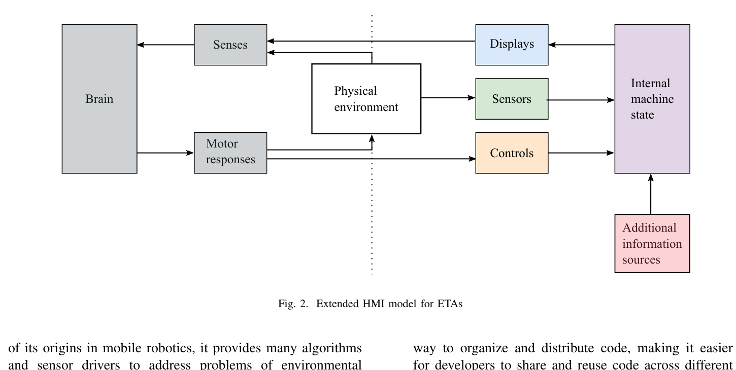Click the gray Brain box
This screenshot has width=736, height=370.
click(x=99, y=99)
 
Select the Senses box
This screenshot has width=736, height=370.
click(x=230, y=45)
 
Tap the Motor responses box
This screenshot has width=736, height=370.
click(x=230, y=153)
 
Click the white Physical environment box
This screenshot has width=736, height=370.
click(x=366, y=99)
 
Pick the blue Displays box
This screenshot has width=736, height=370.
click(x=512, y=45)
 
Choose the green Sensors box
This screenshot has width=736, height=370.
click(x=512, y=99)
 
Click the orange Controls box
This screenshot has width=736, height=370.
click(x=512, y=153)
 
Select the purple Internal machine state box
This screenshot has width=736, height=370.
click(x=652, y=99)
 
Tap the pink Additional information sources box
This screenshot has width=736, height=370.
click(x=652, y=244)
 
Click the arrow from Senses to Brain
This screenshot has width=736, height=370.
click(x=165, y=45)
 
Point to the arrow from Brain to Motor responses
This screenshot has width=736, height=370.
click(x=165, y=153)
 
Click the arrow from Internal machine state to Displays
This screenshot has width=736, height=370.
click(x=581, y=45)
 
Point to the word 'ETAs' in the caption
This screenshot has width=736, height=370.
click(x=450, y=304)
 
